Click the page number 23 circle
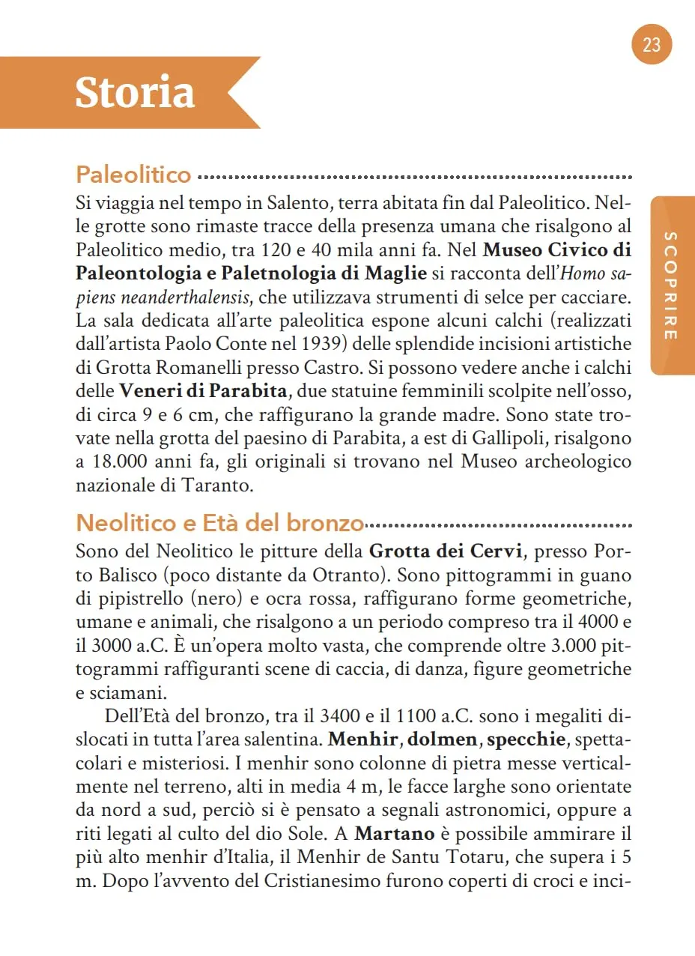(x=652, y=45)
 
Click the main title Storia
(x=135, y=93)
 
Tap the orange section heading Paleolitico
(x=133, y=175)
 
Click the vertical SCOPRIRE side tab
(x=672, y=285)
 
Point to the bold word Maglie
(x=395, y=273)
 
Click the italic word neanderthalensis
(x=162, y=297)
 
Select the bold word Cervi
(x=495, y=551)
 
